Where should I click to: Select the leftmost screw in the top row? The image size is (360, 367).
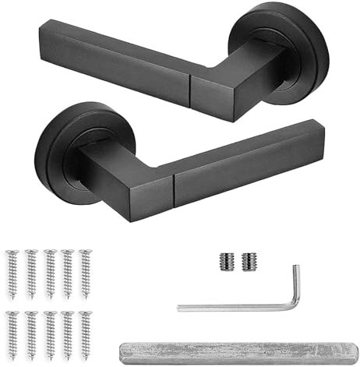(x=13, y=272)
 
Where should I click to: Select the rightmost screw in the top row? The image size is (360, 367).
(x=83, y=272)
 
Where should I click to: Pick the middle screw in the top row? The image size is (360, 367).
(x=49, y=272)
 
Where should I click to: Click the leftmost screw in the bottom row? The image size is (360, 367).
(x=13, y=333)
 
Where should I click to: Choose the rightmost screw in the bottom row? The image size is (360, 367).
(x=83, y=333)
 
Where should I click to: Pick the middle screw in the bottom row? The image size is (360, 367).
(x=49, y=333)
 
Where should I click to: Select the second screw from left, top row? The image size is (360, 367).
(x=31, y=272)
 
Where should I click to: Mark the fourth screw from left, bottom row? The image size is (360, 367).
(x=66, y=333)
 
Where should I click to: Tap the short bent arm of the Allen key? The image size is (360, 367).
(x=295, y=285)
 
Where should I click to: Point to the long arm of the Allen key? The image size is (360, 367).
(x=234, y=307)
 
